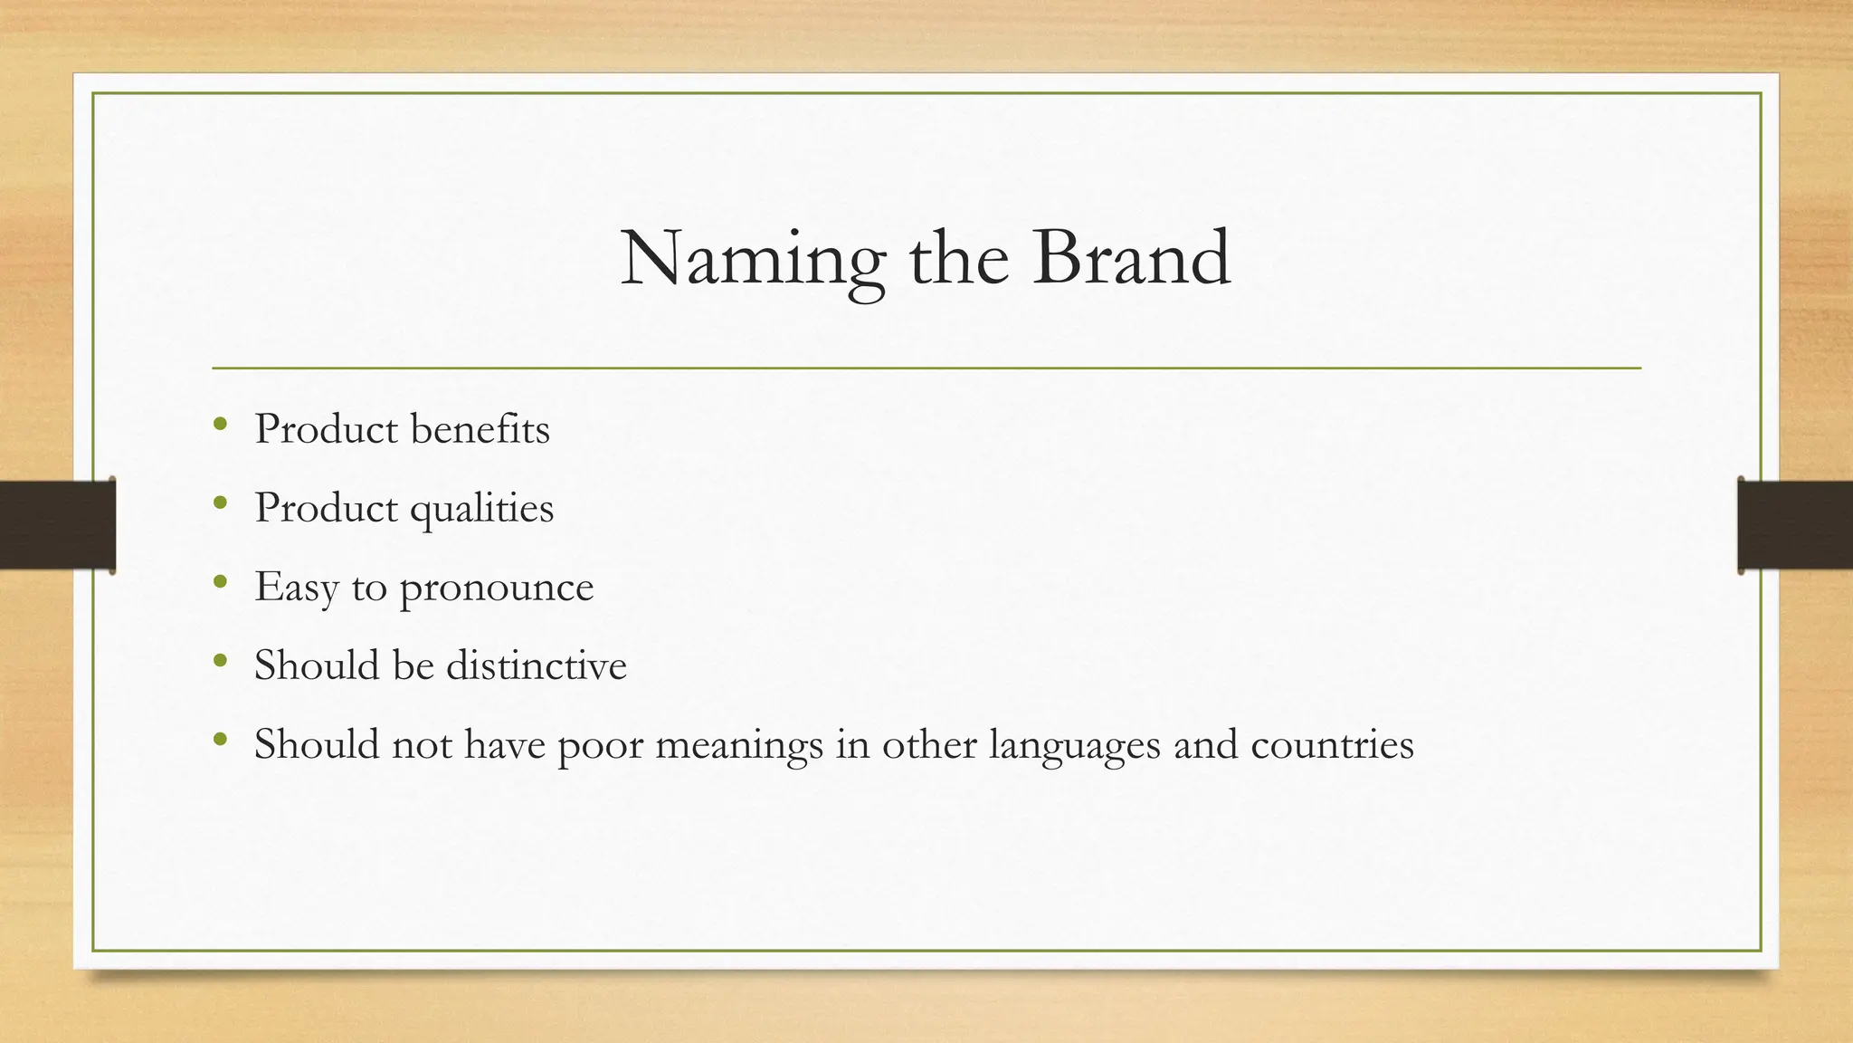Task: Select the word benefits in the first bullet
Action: pyautogui.click(x=480, y=429)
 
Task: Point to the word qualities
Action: pyautogui.click(x=481, y=509)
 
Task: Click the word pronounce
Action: pyautogui.click(x=497, y=588)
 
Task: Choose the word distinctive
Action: pyautogui.click(x=536, y=666)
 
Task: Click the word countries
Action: pyautogui.click(x=1332, y=745)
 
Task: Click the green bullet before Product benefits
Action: pyautogui.click(x=220, y=425)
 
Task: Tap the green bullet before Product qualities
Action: pyautogui.click(x=220, y=503)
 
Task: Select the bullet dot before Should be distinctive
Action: pyautogui.click(x=220, y=661)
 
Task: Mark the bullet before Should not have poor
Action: pyautogui.click(x=220, y=740)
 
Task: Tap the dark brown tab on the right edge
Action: pyautogui.click(x=1795, y=525)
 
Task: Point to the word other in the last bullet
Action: pyautogui.click(x=929, y=745)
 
